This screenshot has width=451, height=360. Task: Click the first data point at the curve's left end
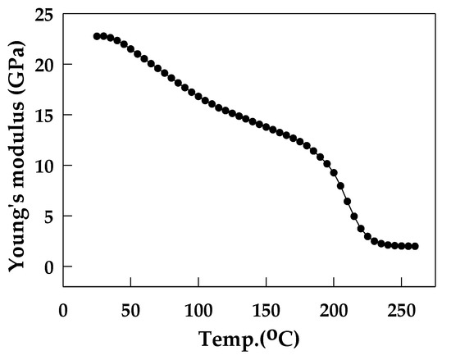coord(97,36)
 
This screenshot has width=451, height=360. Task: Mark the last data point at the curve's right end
coord(415,246)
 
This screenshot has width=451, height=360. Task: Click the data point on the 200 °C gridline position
coord(334,172)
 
